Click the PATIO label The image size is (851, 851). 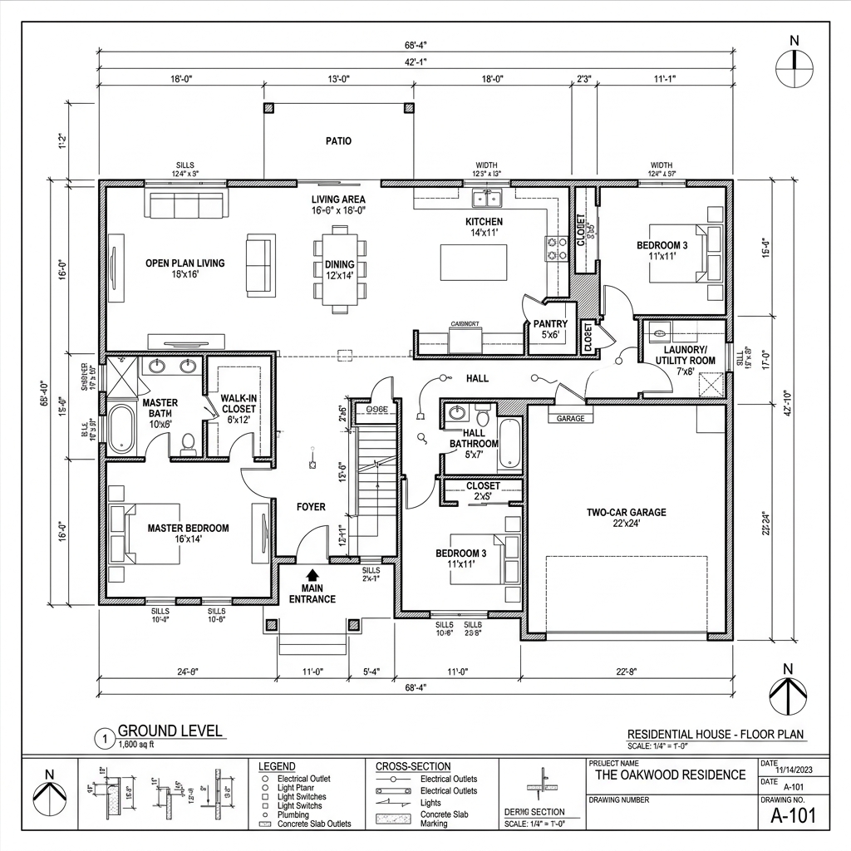[x=338, y=141]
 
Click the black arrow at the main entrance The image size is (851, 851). [x=312, y=574]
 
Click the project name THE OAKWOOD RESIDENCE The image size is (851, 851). [x=671, y=775]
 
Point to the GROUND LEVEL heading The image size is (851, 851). [x=170, y=731]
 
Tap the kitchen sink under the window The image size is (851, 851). [x=486, y=199]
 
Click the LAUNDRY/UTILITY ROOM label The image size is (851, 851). [x=686, y=356]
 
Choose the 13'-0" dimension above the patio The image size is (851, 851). [x=338, y=80]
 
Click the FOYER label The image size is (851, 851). [x=312, y=507]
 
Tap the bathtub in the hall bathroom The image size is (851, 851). [x=510, y=445]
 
